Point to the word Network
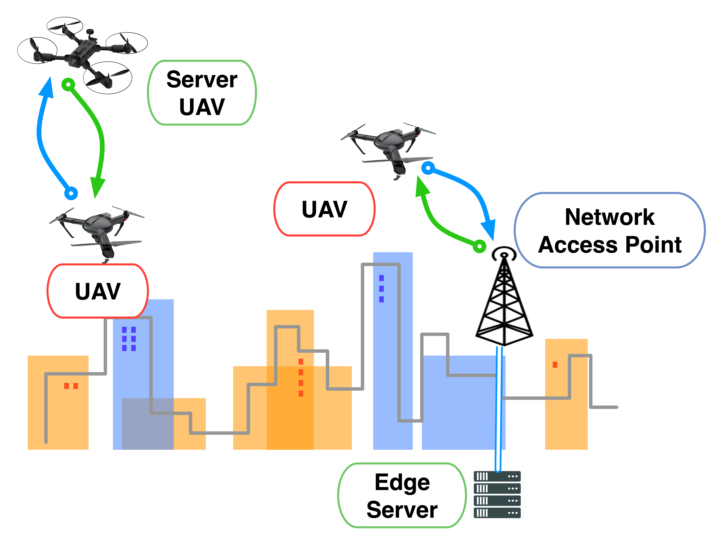[x=610, y=217]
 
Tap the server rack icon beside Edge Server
[x=497, y=494]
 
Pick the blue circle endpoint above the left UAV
[x=71, y=193]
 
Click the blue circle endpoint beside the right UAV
[x=428, y=168]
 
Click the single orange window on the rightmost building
[x=555, y=364]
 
